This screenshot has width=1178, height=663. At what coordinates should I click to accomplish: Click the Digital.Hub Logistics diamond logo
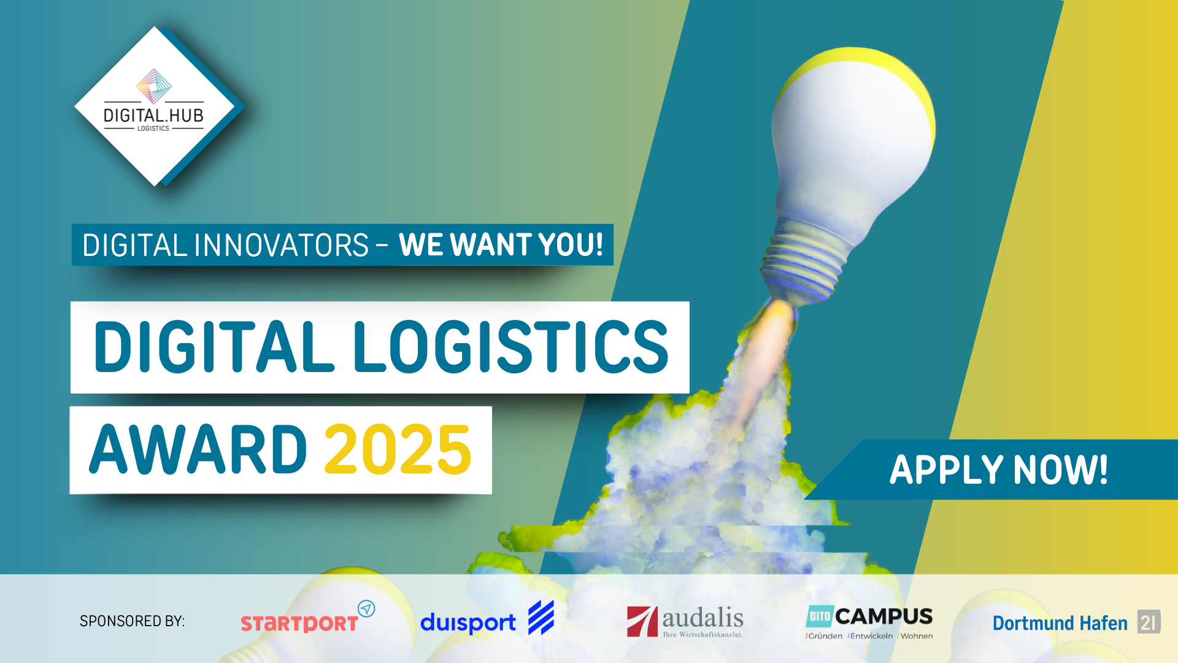[x=159, y=106]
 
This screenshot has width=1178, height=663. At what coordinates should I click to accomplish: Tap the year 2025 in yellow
[x=398, y=450]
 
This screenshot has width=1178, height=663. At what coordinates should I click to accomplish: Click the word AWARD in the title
[x=198, y=450]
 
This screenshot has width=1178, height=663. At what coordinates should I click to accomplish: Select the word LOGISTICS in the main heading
[x=510, y=347]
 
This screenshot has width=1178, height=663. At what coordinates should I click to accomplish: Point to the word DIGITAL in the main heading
[x=214, y=347]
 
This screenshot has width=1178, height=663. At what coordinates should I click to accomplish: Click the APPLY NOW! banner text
[x=999, y=470]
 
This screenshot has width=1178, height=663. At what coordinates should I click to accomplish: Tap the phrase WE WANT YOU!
[x=501, y=245]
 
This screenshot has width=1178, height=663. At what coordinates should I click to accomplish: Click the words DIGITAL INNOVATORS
[x=225, y=246]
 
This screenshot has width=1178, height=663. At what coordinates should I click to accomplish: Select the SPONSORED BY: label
[x=132, y=621]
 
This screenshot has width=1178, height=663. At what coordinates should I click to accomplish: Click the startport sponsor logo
[x=307, y=617]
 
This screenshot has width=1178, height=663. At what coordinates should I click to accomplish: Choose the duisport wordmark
[x=468, y=623]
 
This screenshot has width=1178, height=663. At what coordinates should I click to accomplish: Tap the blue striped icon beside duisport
[x=541, y=618]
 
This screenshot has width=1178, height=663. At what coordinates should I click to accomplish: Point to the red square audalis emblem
[x=642, y=621]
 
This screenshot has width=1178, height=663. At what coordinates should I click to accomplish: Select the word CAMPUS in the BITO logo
[x=883, y=616]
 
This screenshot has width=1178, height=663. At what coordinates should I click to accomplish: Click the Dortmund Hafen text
[x=1060, y=623]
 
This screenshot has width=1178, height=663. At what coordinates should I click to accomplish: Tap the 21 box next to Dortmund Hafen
[x=1149, y=622]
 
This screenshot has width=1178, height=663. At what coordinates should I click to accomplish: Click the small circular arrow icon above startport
[x=366, y=608]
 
